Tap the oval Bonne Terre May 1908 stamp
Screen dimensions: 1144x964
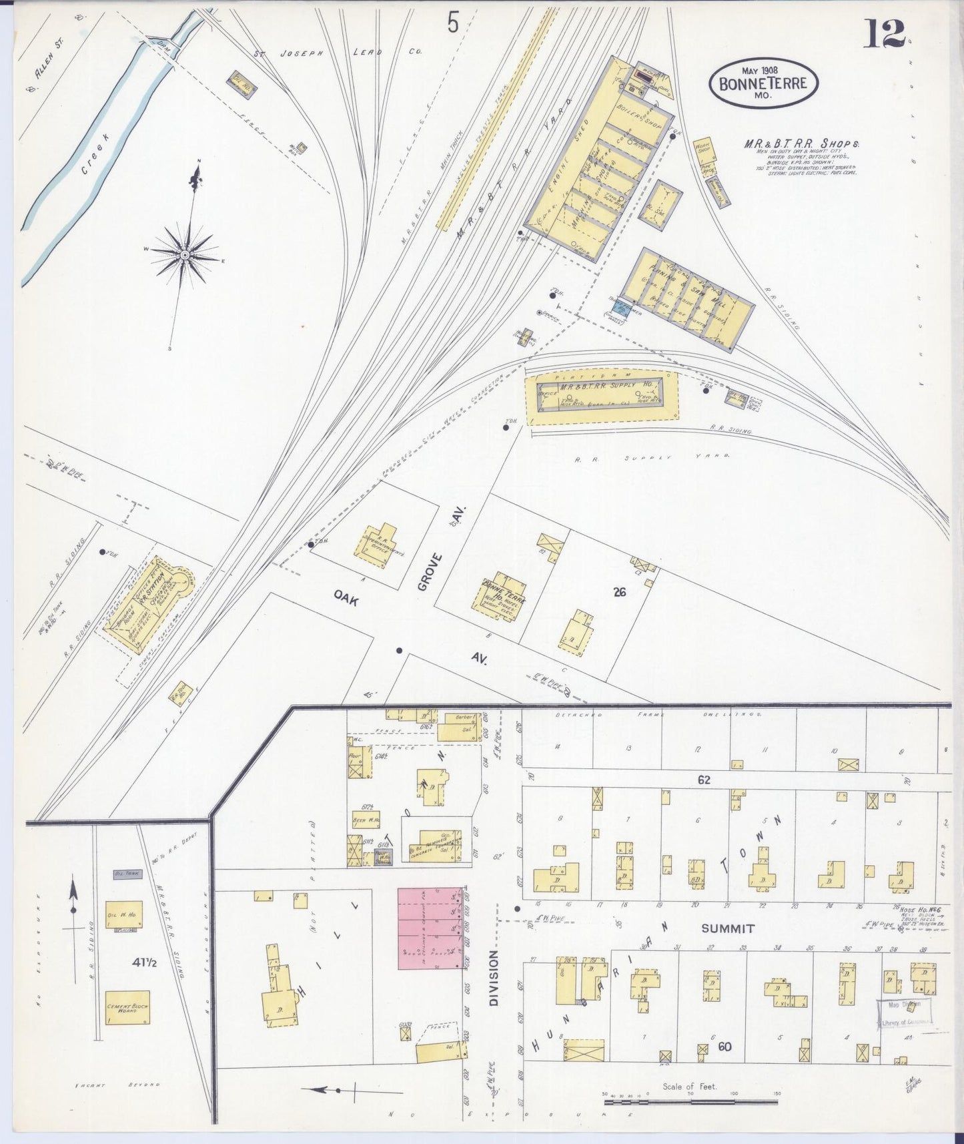pyautogui.click(x=763, y=83)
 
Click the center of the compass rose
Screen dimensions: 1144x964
pyautogui.click(x=185, y=255)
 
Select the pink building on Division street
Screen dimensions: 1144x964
pyautogui.click(x=430, y=928)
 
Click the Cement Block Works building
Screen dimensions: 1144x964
pyautogui.click(x=127, y=1008)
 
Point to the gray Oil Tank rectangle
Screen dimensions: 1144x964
pyautogui.click(x=126, y=873)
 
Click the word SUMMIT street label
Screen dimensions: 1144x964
pyautogui.click(x=727, y=928)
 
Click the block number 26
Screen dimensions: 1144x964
pyautogui.click(x=619, y=591)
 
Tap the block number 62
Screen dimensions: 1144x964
pyautogui.click(x=704, y=779)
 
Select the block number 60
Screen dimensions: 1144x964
pyautogui.click(x=725, y=1047)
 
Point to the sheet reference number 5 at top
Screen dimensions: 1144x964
pyautogui.click(x=453, y=24)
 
